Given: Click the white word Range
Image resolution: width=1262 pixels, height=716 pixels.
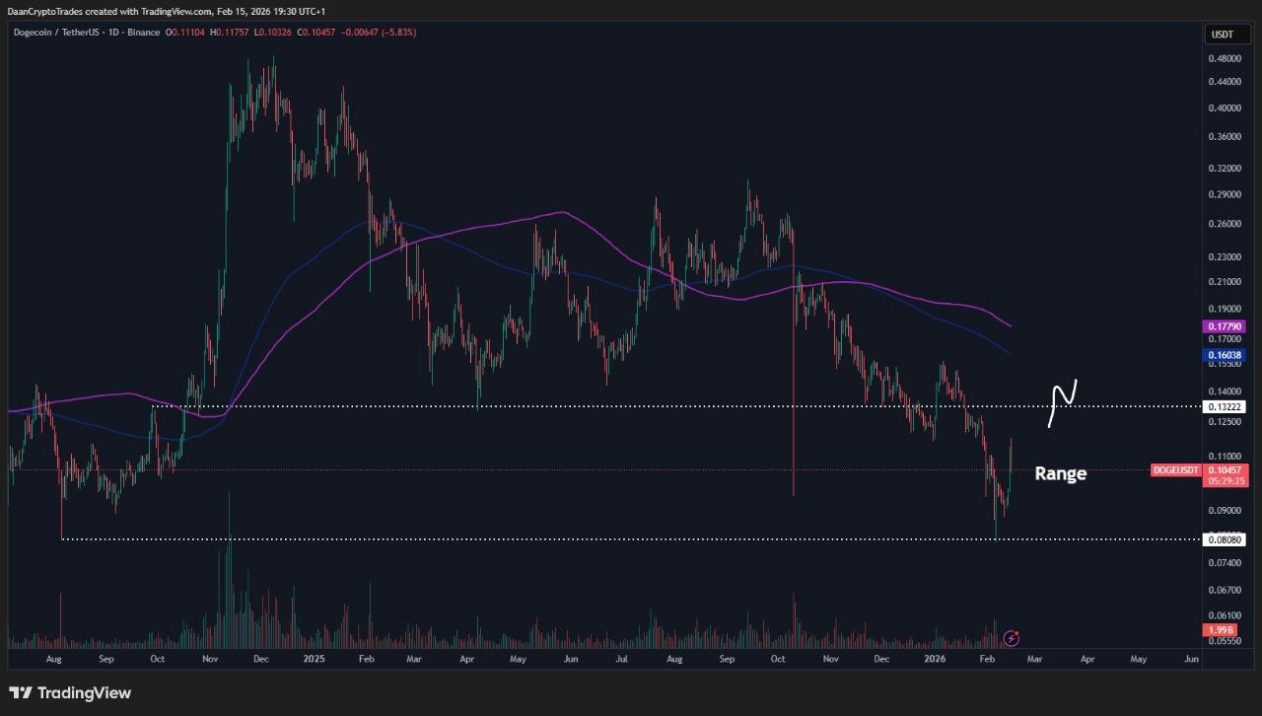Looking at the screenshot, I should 1060,473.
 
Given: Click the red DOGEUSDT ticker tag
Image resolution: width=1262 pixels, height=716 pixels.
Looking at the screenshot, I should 1175,470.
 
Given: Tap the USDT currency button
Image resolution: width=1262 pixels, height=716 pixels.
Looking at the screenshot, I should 1222,35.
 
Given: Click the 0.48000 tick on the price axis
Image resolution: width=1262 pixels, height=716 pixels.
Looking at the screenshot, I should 1223,58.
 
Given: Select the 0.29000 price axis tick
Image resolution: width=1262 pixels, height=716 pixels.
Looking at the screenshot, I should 1223,194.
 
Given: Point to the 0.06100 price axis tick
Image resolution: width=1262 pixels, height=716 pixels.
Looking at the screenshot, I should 1223,614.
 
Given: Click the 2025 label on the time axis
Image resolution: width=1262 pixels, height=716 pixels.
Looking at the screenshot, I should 314,657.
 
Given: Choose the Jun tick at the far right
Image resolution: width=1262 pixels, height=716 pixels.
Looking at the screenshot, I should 1191,657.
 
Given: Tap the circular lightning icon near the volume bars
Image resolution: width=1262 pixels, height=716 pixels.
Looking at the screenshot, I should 1011,637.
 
